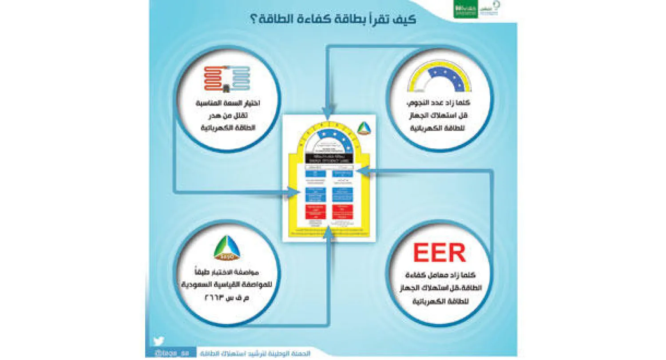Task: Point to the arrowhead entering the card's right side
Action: (361, 170)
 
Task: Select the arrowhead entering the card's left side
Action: (295, 192)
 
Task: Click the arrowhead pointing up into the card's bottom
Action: (327, 231)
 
